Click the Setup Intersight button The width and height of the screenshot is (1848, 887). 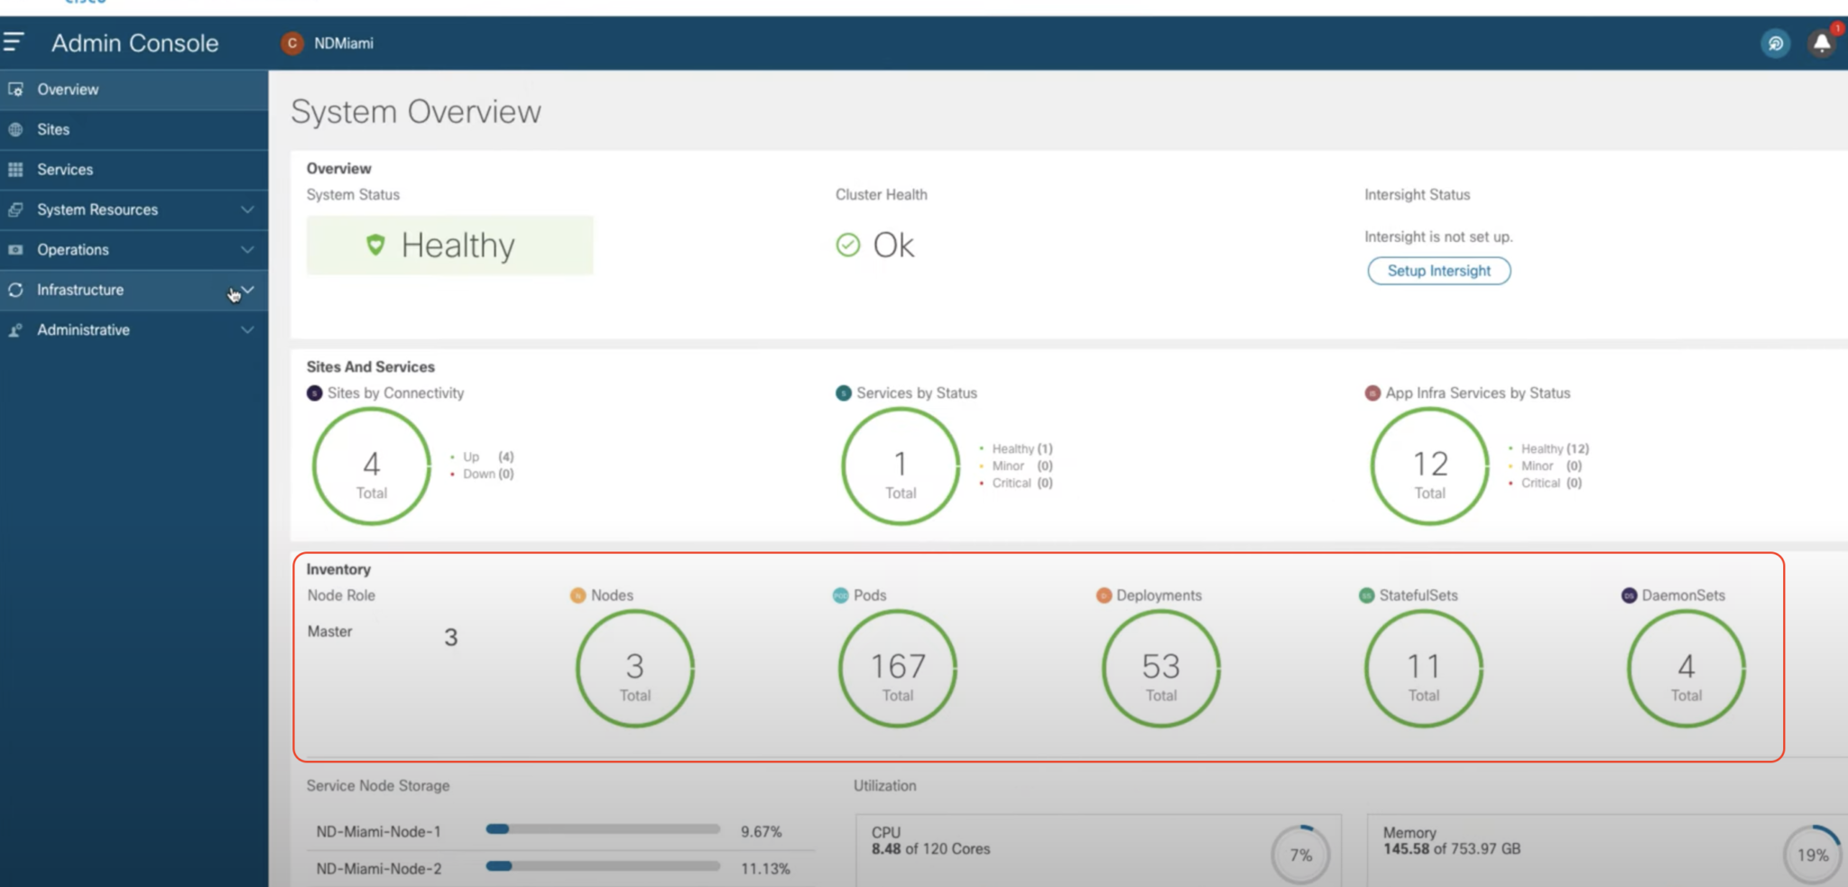pos(1438,271)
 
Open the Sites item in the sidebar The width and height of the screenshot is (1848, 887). pos(53,129)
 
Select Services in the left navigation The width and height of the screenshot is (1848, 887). pos(65,170)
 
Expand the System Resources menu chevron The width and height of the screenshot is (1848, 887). pos(247,209)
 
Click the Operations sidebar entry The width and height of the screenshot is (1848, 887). pos(73,250)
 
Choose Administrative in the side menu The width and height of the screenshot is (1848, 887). pos(83,330)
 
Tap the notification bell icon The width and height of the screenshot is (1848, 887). pos(1821,43)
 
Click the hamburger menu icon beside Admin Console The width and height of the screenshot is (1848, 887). pos(14,42)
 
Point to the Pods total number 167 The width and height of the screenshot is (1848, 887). pos(898,666)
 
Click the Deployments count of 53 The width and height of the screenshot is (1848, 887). pos(1160,666)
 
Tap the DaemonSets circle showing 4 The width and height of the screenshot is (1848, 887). pos(1686,668)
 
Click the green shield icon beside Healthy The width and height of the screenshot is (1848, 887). pos(375,245)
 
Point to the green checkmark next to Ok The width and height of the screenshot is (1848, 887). pos(847,245)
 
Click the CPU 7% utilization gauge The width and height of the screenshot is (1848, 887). pos(1300,855)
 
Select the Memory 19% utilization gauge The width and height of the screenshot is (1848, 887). pos(1812,855)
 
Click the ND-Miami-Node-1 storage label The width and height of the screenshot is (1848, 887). pos(378,831)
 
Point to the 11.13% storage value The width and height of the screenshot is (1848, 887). pos(765,868)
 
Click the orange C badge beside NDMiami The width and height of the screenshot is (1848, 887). pos(291,43)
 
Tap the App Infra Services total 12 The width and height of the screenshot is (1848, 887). pos(1430,464)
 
